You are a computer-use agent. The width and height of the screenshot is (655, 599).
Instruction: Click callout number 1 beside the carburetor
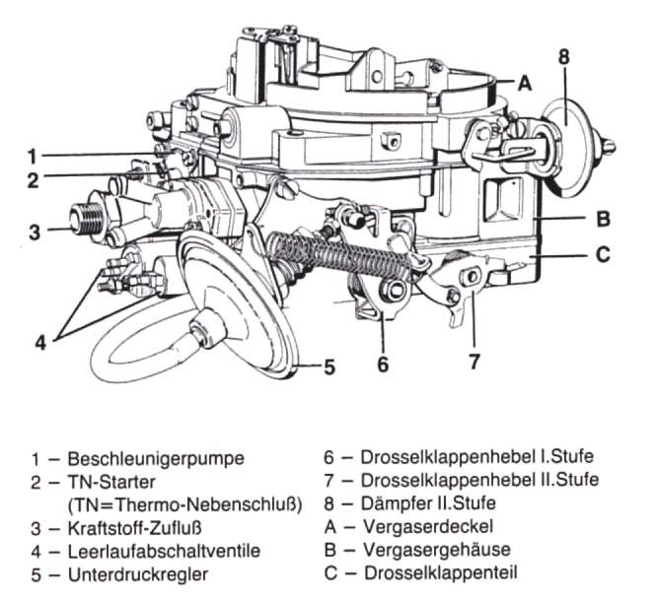tap(32, 156)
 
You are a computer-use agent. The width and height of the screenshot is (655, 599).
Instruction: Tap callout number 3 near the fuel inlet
tap(34, 233)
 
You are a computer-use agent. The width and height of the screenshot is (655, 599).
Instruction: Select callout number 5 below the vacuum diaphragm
tap(329, 366)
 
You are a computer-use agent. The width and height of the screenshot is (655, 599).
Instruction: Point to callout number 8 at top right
tap(564, 56)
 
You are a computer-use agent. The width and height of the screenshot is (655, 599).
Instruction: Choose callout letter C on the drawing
tap(603, 253)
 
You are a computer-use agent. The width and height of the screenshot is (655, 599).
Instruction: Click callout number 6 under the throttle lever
tap(384, 363)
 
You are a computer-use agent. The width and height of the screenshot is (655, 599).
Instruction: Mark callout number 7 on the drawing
tap(474, 361)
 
